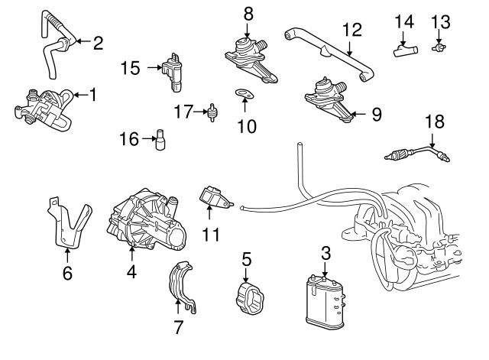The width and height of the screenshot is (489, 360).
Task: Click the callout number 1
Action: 93,95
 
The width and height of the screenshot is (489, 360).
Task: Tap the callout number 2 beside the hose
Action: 97,43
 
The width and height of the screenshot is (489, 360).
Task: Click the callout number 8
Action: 247,13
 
